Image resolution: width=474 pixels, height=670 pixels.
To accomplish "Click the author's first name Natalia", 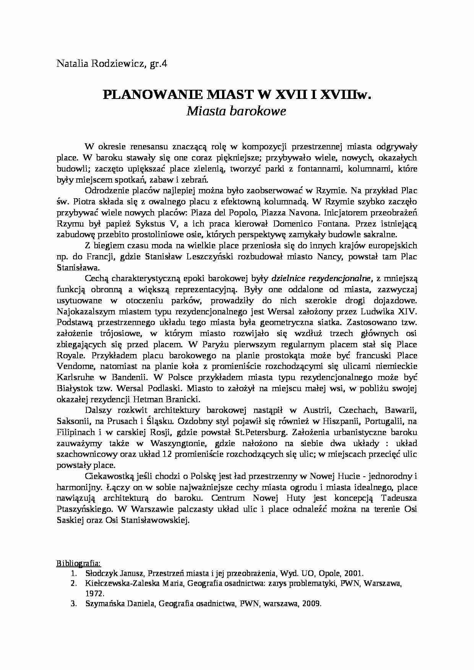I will [x=70, y=64].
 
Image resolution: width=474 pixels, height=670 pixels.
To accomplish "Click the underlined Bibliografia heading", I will [x=79, y=563].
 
